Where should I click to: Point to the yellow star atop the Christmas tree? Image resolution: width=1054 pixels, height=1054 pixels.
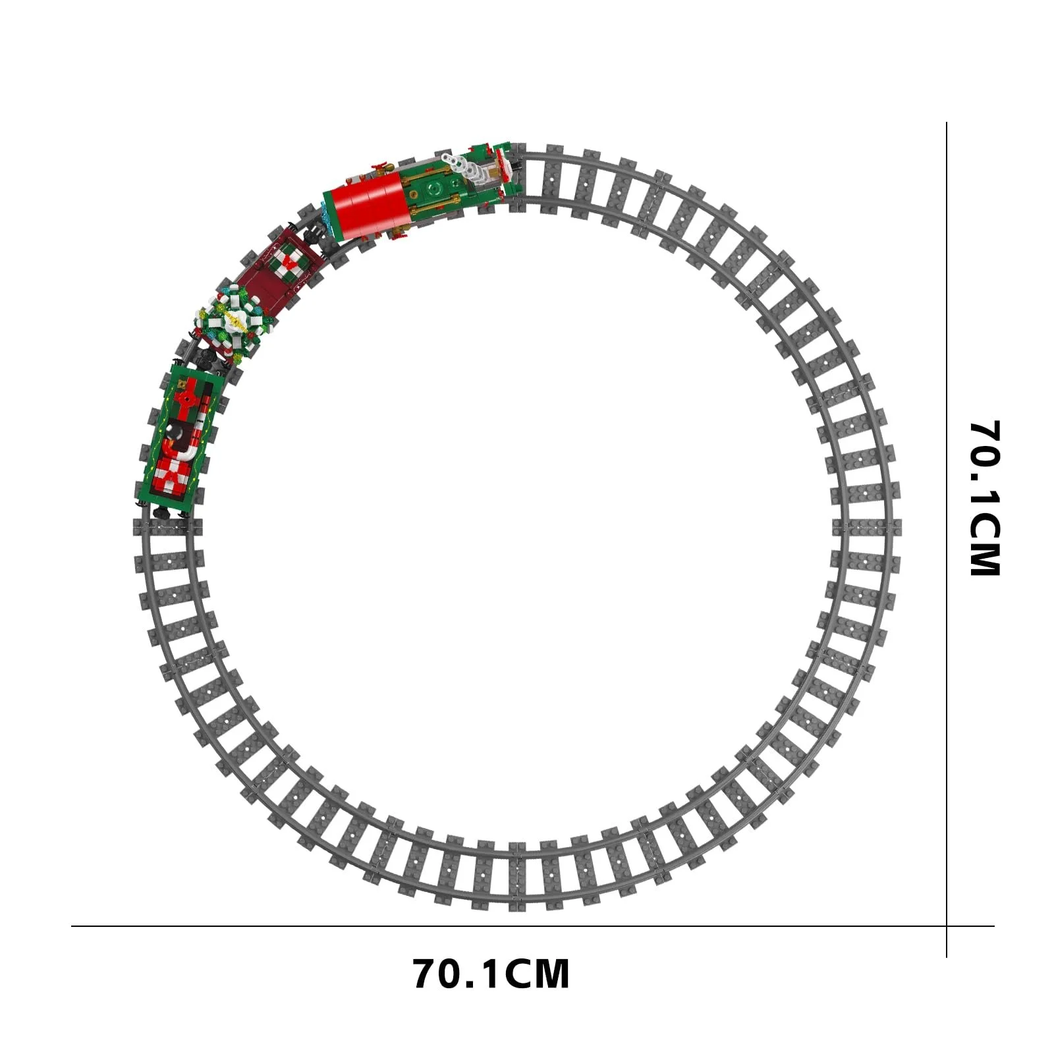coord(233,321)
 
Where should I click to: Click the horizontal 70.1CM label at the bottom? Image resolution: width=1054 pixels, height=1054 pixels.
coord(491,974)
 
